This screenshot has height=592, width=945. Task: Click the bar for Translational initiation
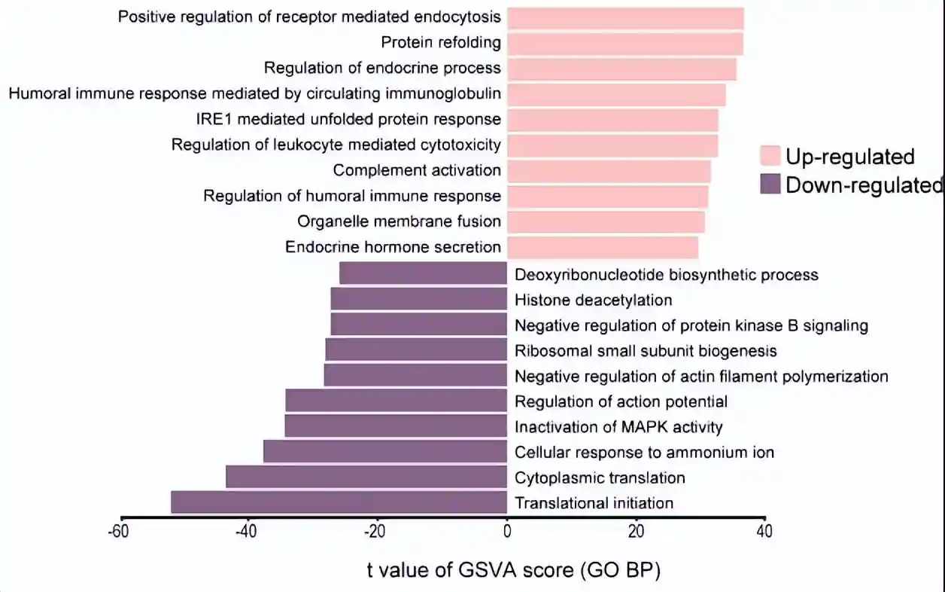click(x=339, y=502)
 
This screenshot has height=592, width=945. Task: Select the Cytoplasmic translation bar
click(x=366, y=478)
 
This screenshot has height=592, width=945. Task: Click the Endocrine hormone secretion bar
click(x=603, y=247)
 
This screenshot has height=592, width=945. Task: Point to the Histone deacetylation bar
click(x=418, y=300)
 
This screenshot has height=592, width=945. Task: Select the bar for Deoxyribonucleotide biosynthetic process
click(x=423, y=274)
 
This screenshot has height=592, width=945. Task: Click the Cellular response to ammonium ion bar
click(x=385, y=452)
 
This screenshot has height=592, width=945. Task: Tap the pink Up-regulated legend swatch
click(x=770, y=157)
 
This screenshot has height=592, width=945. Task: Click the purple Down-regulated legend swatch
click(x=770, y=185)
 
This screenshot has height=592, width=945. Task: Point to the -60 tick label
click(x=117, y=532)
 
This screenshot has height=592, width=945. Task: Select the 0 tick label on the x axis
click(x=507, y=532)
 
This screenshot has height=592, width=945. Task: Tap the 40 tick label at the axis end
click(x=764, y=532)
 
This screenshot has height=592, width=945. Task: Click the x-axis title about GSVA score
click(x=514, y=571)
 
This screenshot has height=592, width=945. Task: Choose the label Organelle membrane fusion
click(x=399, y=221)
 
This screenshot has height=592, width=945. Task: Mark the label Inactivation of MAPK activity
click(x=618, y=427)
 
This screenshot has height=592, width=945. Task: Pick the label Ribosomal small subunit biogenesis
click(x=646, y=351)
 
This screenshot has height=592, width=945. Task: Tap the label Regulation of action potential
click(x=621, y=401)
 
